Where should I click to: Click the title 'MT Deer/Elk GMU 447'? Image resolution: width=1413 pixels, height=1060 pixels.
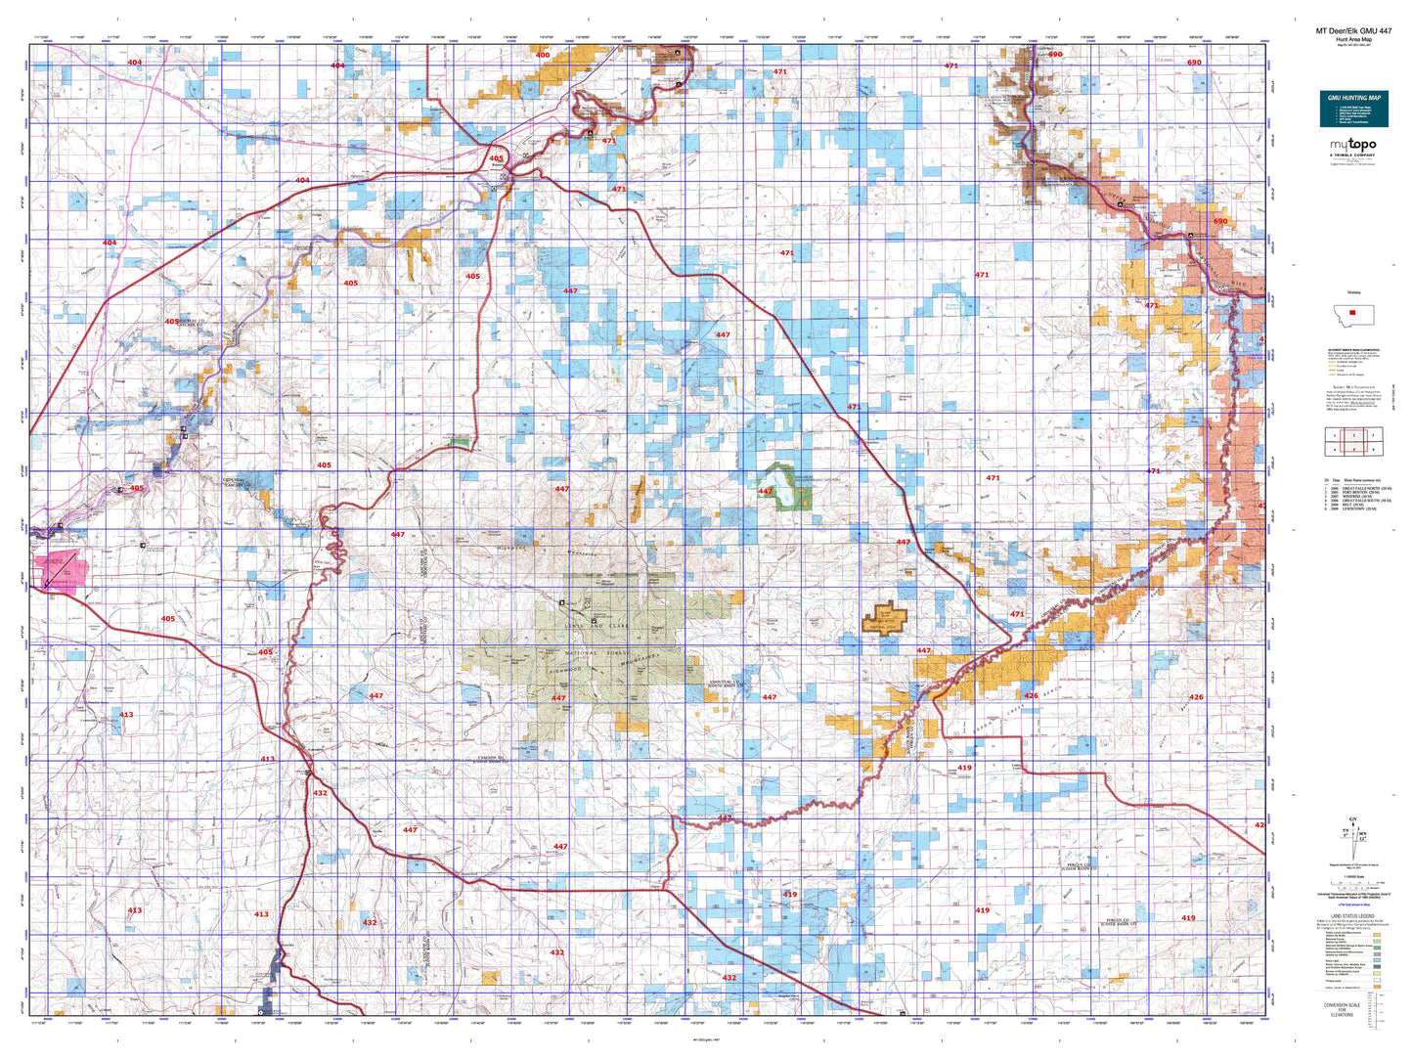[1353, 30]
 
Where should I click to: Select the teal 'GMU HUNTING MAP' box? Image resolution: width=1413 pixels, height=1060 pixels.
[1353, 109]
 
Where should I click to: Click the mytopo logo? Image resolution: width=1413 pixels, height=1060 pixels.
[1353, 146]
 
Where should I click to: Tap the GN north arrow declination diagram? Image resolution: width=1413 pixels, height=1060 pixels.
[1353, 837]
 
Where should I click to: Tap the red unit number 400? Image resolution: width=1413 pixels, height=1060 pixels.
[543, 55]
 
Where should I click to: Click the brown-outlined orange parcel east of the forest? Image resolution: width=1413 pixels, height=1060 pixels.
[885, 619]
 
